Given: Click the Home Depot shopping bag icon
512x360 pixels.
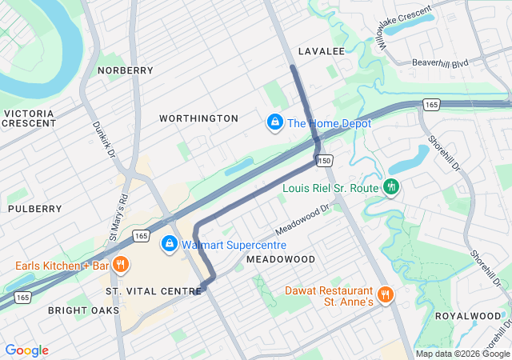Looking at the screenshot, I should (x=274, y=122).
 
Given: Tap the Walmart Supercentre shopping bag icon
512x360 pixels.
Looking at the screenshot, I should (x=170, y=244).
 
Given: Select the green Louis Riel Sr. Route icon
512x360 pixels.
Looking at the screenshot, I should (x=390, y=187).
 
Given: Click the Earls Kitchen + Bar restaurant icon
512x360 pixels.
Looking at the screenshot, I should (x=121, y=265).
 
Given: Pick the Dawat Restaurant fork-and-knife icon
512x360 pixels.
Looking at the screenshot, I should (x=385, y=295).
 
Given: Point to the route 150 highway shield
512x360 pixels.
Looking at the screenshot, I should (x=324, y=161).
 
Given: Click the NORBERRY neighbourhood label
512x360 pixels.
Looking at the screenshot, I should (x=125, y=70).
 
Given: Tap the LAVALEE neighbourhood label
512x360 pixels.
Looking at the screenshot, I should (x=321, y=50).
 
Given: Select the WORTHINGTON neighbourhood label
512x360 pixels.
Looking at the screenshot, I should (x=198, y=118).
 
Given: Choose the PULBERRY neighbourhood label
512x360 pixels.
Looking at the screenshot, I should (x=34, y=208).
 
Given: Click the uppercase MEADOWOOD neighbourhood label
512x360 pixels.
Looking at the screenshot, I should (x=281, y=260).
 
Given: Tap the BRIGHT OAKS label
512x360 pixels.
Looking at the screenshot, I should (x=83, y=310).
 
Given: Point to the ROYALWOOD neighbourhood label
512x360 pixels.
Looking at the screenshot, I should (x=467, y=316).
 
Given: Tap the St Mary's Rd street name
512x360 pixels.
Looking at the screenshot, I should (x=118, y=217).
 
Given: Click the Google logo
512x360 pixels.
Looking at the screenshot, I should (x=26, y=350).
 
